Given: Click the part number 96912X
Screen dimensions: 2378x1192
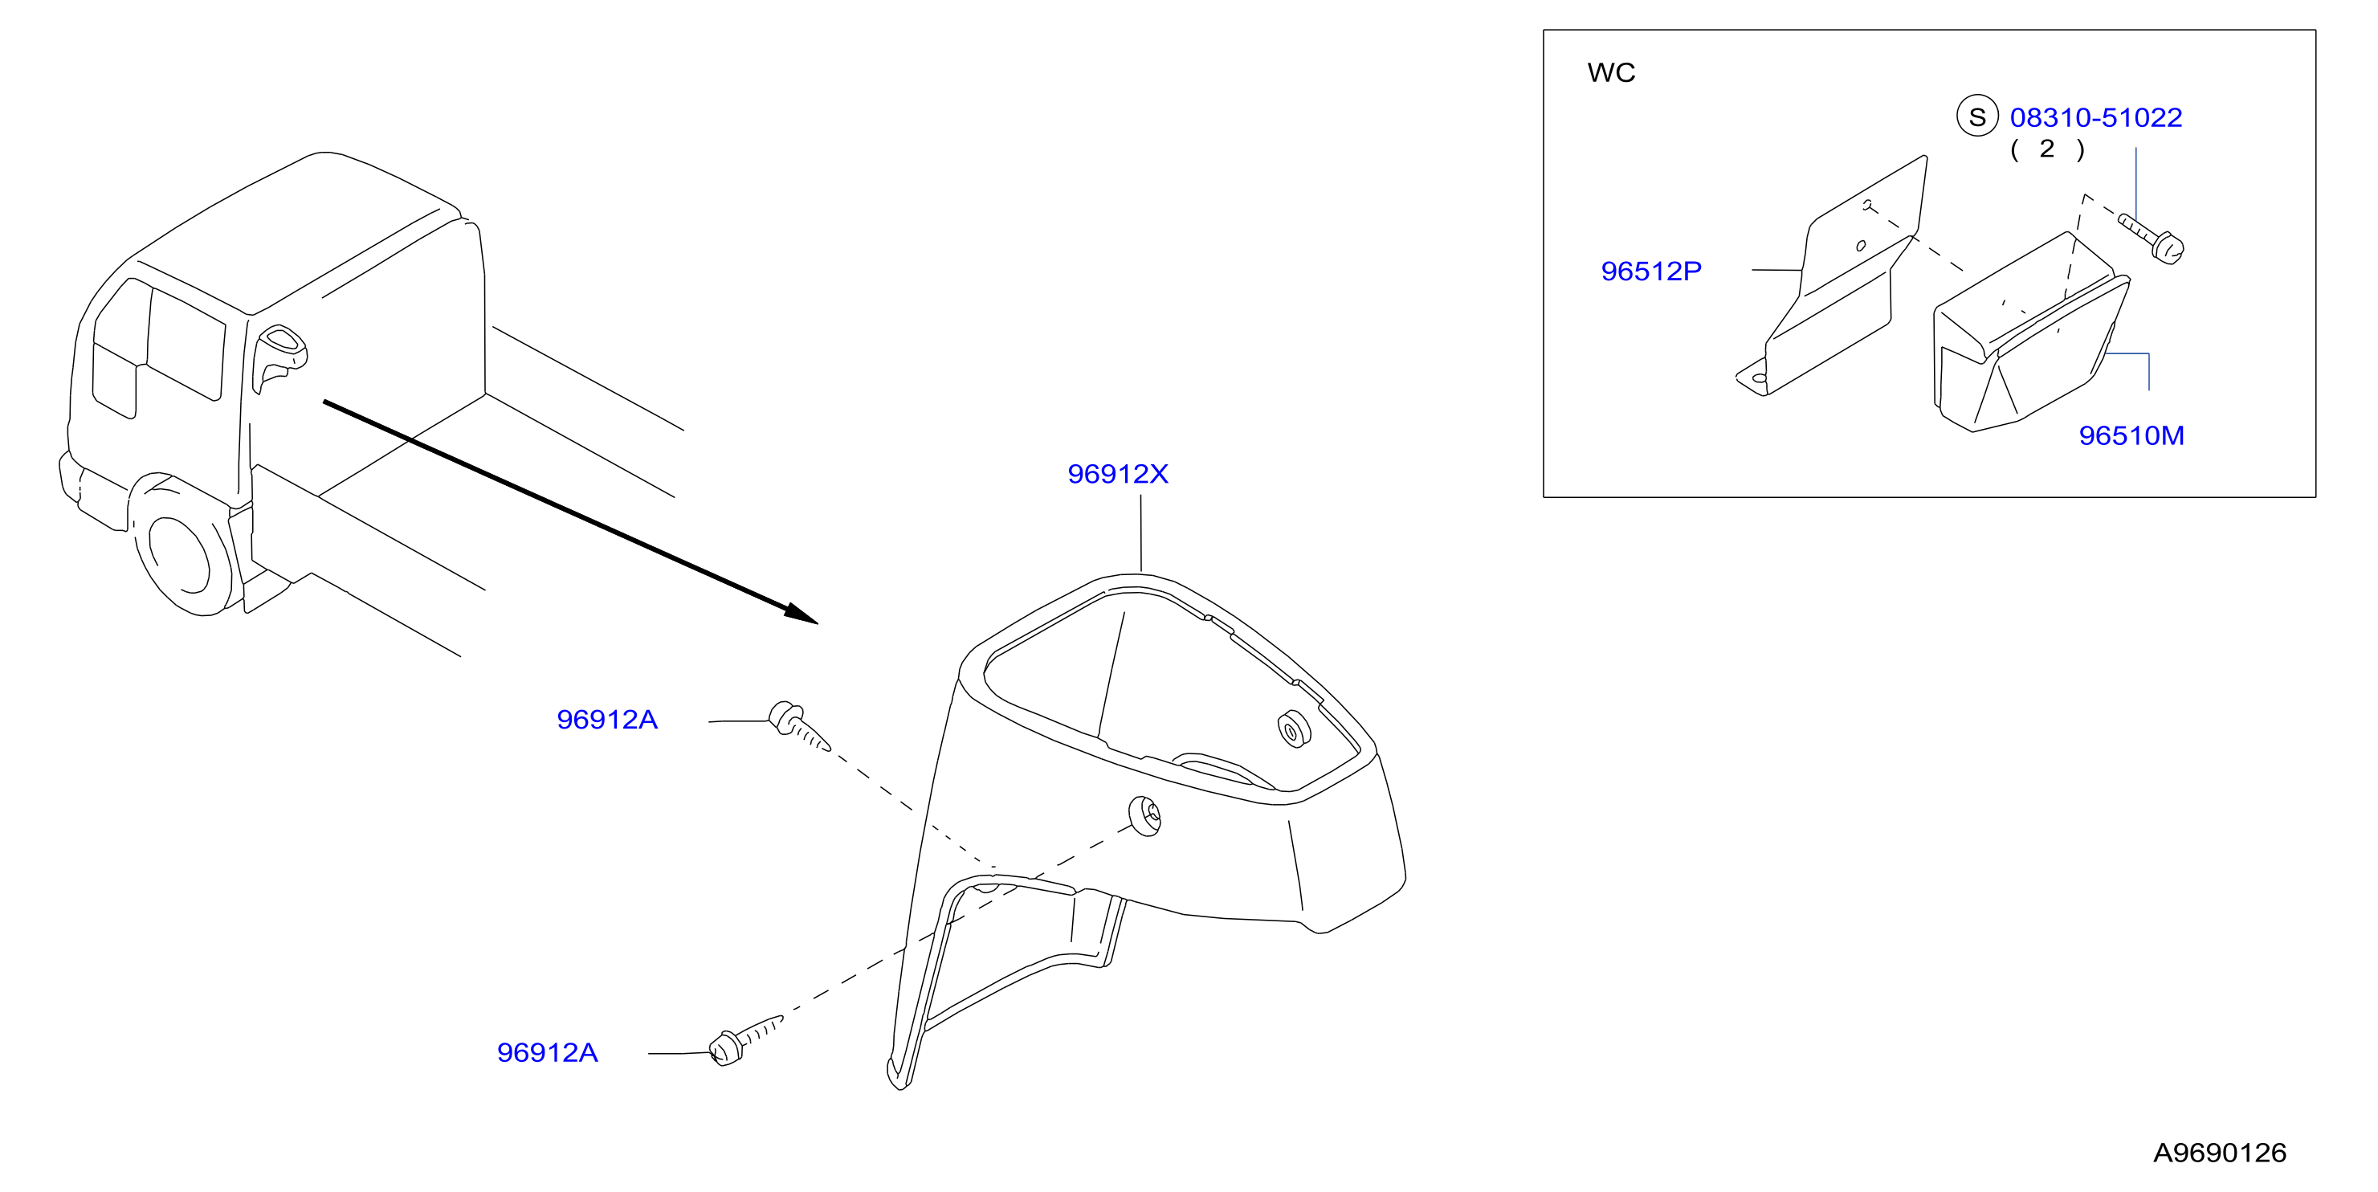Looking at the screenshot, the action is tap(1117, 474).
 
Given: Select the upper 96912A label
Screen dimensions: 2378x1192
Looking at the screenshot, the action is tap(606, 719).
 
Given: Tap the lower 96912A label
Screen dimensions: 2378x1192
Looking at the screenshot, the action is tap(548, 1052).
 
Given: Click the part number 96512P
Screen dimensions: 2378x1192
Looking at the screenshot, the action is tap(1650, 271).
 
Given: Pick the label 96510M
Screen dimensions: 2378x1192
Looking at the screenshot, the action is tap(2131, 436).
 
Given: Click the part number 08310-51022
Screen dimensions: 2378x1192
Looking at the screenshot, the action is tap(2095, 117).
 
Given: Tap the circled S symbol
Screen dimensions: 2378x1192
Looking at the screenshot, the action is tap(1977, 116).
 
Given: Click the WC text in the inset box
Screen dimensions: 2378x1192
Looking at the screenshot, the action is tap(1611, 73).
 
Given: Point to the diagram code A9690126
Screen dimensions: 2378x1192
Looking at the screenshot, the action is tap(2219, 1153).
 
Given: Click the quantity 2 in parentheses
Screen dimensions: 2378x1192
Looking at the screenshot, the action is tap(2046, 149).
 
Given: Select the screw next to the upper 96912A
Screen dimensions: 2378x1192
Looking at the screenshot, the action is tap(798, 727).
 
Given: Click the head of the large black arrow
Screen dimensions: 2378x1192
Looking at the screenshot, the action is tap(802, 613).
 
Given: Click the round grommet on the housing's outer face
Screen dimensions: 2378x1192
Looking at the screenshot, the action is tap(1144, 816).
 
